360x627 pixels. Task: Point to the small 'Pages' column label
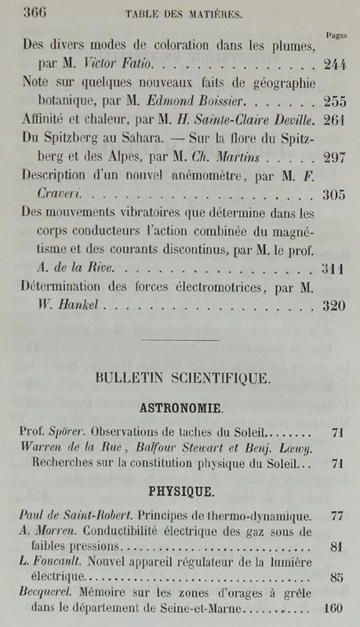click(x=336, y=35)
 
